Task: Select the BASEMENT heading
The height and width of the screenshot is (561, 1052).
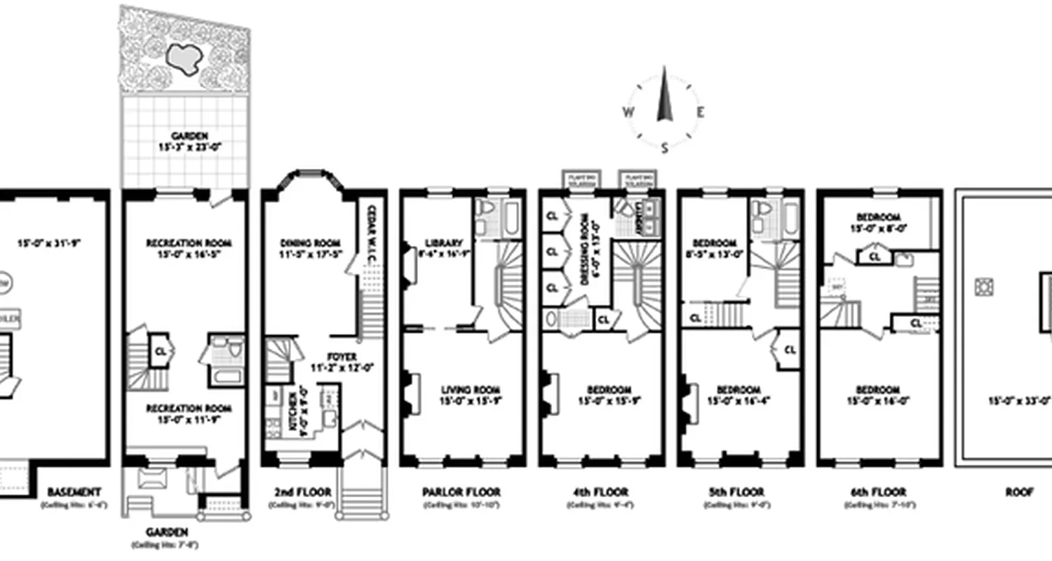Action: click(75, 492)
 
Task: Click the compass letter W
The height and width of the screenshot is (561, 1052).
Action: click(628, 111)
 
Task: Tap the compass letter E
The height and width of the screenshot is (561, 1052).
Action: click(700, 111)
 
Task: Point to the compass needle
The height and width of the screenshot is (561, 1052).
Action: click(664, 98)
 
